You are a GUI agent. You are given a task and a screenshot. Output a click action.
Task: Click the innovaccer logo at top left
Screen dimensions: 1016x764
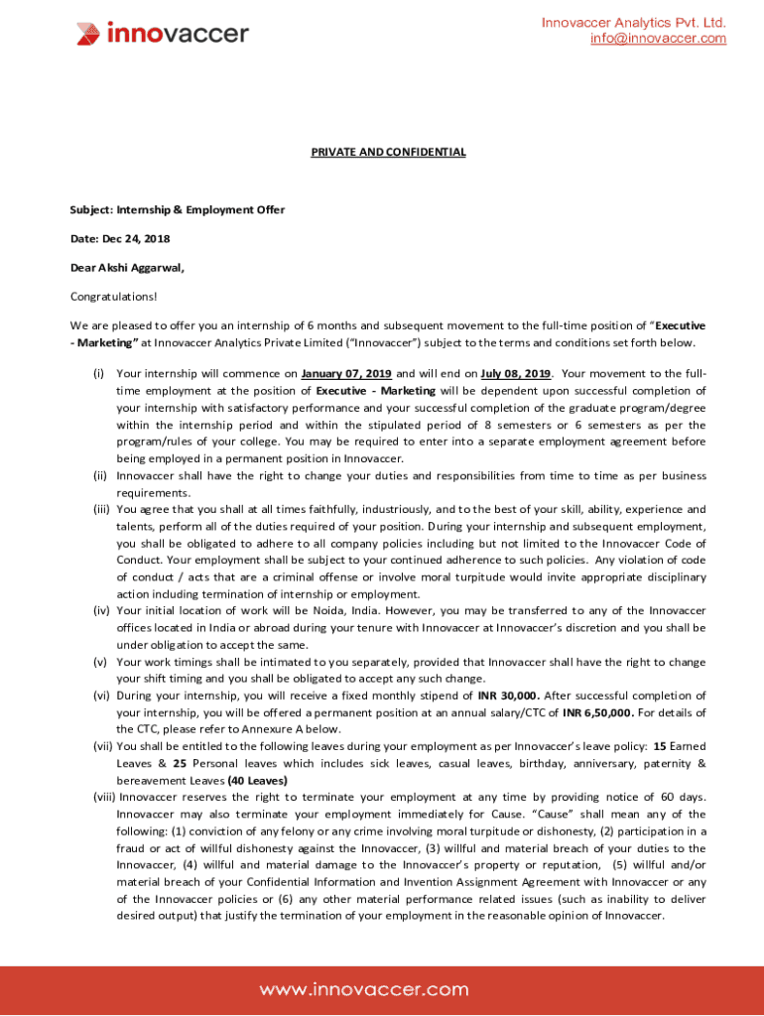[163, 34]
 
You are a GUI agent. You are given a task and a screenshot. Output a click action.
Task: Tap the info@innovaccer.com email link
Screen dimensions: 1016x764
[658, 39]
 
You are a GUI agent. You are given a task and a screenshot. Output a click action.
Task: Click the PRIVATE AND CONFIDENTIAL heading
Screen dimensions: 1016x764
[388, 152]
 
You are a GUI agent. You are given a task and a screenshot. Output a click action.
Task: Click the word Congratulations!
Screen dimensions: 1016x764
[113, 296]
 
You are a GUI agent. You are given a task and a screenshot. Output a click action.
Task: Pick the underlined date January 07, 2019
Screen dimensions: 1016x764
[346, 374]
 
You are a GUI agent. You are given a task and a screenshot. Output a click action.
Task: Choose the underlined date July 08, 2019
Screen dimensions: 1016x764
[515, 374]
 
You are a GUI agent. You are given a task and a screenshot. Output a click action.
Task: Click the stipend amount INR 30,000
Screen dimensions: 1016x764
[508, 696]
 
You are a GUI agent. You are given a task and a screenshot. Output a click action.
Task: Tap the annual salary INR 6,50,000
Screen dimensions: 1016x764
[596, 712]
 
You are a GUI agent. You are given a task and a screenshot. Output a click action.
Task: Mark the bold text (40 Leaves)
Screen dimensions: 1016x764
[257, 780]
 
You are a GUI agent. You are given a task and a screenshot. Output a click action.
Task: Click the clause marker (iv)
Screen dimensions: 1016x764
[100, 610]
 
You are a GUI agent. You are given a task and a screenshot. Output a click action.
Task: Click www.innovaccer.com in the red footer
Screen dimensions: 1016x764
[364, 989]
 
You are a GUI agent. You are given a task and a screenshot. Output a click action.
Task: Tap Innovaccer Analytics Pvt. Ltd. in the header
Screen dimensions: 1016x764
[633, 23]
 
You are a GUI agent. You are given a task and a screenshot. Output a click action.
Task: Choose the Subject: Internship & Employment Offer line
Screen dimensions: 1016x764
[177, 210]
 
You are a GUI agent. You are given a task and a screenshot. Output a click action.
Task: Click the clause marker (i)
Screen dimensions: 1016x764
[99, 374]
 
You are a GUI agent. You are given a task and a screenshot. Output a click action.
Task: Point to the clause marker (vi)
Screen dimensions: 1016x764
[100, 696]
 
